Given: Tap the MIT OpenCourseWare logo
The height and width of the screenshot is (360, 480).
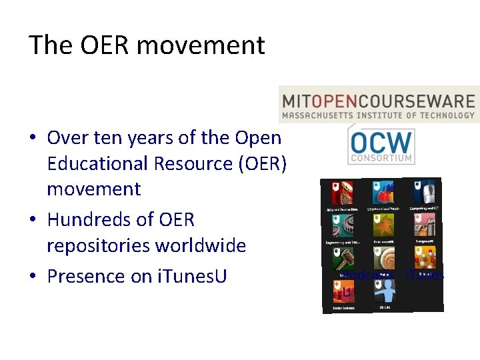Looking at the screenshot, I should coord(379,105).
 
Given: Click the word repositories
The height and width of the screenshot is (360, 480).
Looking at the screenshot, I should coord(98,246).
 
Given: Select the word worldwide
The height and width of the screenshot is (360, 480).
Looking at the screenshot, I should coord(201,246).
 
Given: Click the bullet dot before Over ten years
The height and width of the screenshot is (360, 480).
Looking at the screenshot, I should coord(32,139).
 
